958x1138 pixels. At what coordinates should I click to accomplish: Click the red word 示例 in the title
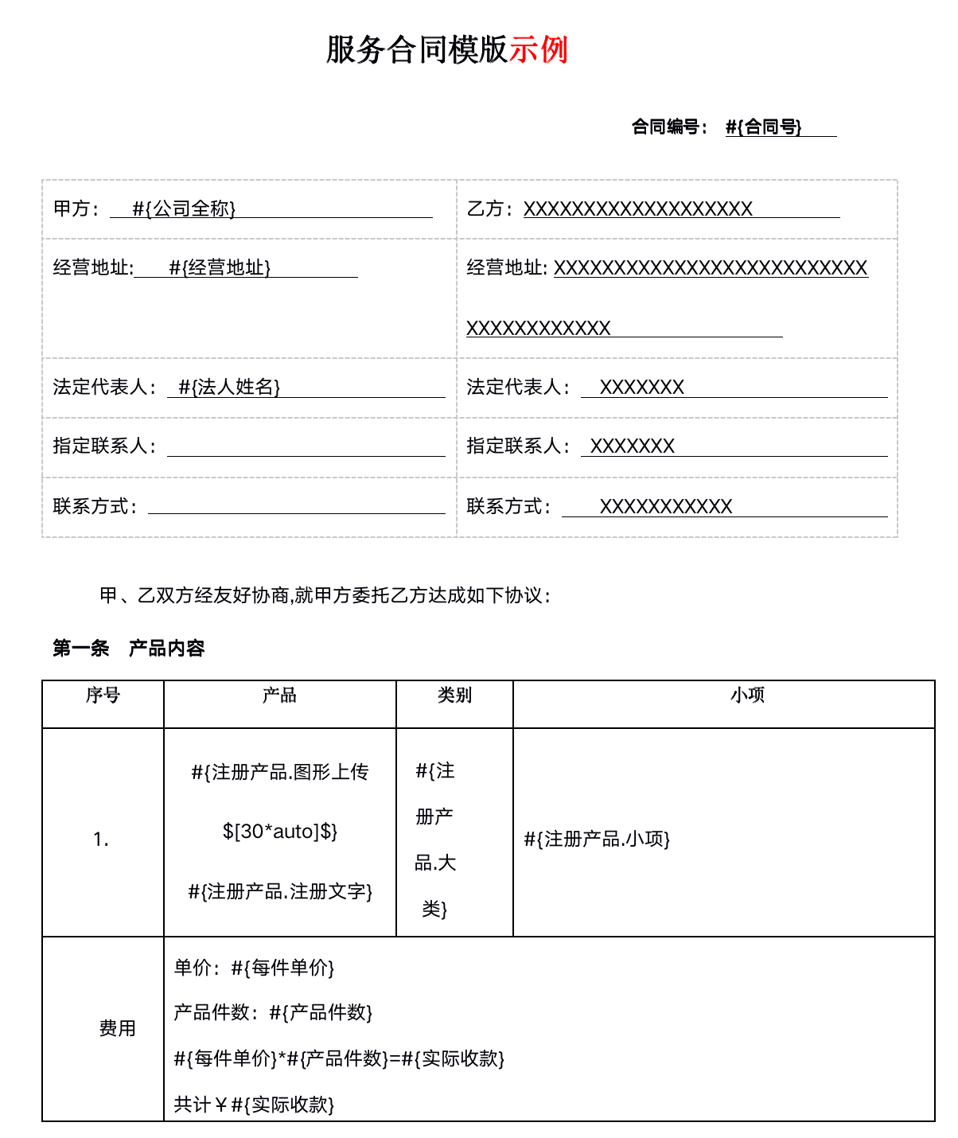(539, 49)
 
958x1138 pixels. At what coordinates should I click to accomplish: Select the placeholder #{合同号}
(763, 127)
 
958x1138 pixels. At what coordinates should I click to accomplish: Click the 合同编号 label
(666, 127)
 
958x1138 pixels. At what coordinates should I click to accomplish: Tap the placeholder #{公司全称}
(184, 209)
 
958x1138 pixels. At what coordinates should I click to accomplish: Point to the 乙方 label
(485, 209)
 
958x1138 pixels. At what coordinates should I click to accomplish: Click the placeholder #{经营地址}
(220, 267)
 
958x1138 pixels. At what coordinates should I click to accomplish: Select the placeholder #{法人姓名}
(229, 387)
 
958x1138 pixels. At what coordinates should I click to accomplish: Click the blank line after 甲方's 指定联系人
(306, 447)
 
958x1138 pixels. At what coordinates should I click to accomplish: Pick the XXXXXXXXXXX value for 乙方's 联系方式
(665, 506)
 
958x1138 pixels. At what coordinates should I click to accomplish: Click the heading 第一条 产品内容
(129, 649)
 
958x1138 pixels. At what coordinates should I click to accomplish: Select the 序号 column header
(103, 696)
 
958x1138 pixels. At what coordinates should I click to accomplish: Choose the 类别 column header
(454, 696)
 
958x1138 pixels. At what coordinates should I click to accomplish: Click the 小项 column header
(747, 696)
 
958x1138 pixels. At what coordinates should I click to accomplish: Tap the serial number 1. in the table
(101, 840)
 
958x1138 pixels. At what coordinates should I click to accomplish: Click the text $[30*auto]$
(280, 832)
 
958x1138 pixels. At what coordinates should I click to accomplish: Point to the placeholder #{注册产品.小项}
(597, 839)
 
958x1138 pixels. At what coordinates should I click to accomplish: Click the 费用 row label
(117, 1028)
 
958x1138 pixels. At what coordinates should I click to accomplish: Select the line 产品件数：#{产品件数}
(273, 1012)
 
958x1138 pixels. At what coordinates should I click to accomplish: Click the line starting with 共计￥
(254, 1105)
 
